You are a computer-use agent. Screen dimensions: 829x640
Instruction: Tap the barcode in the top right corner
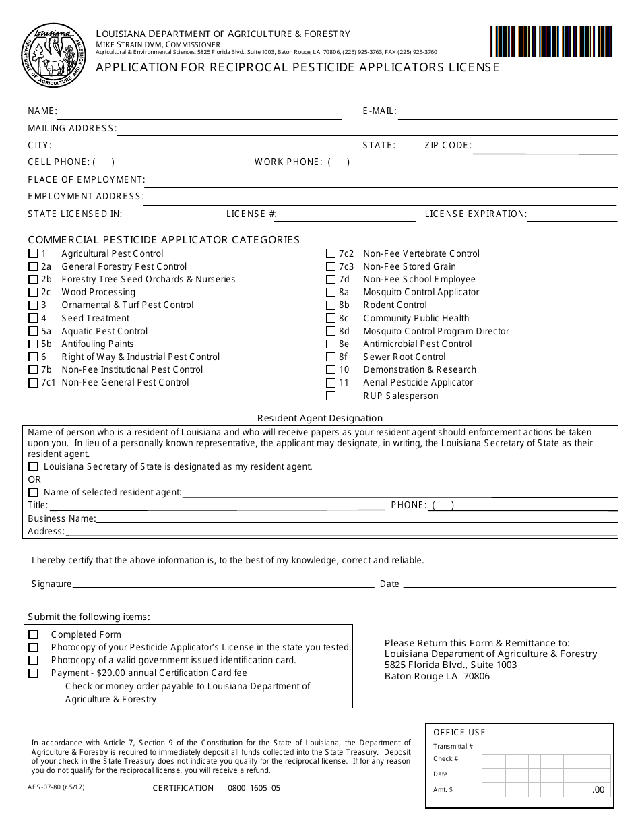[x=551, y=41]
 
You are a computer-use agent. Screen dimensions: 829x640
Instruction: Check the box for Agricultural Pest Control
[x=33, y=254]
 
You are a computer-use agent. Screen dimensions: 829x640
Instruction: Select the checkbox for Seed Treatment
[x=33, y=319]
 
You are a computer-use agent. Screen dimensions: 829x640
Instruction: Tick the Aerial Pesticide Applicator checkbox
[x=331, y=383]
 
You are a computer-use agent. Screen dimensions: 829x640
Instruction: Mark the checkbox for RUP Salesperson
[x=331, y=396]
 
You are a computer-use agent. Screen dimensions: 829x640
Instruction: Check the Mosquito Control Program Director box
[x=331, y=332]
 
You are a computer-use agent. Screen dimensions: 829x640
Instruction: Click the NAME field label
[x=42, y=111]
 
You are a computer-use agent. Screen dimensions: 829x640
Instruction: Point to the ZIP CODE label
[x=447, y=146]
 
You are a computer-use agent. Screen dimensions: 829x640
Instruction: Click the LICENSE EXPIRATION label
[x=476, y=214]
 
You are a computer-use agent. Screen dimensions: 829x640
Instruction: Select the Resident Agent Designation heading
[x=319, y=418]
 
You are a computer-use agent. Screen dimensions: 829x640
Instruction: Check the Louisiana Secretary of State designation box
[x=33, y=467]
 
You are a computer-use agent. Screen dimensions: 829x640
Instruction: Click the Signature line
[x=223, y=585]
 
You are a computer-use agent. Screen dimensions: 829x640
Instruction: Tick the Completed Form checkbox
[x=33, y=635]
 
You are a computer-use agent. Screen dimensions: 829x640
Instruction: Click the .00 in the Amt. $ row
[x=598, y=790]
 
